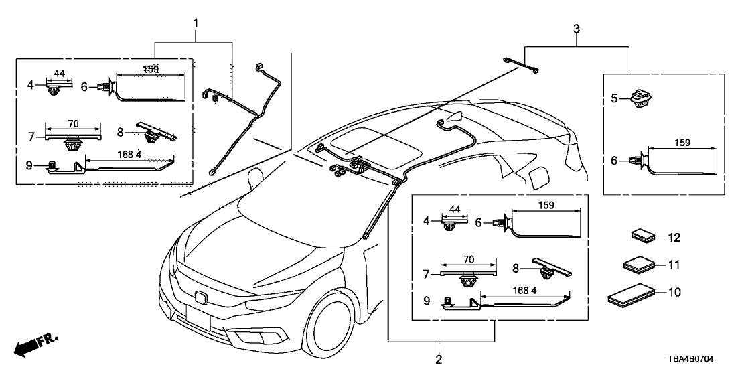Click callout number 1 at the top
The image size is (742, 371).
pos(196,24)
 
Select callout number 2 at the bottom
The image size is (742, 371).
pos(439,360)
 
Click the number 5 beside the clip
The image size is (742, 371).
pos(615,98)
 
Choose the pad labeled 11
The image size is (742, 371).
pos(638,265)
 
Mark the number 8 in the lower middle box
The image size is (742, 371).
pos(516,267)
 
